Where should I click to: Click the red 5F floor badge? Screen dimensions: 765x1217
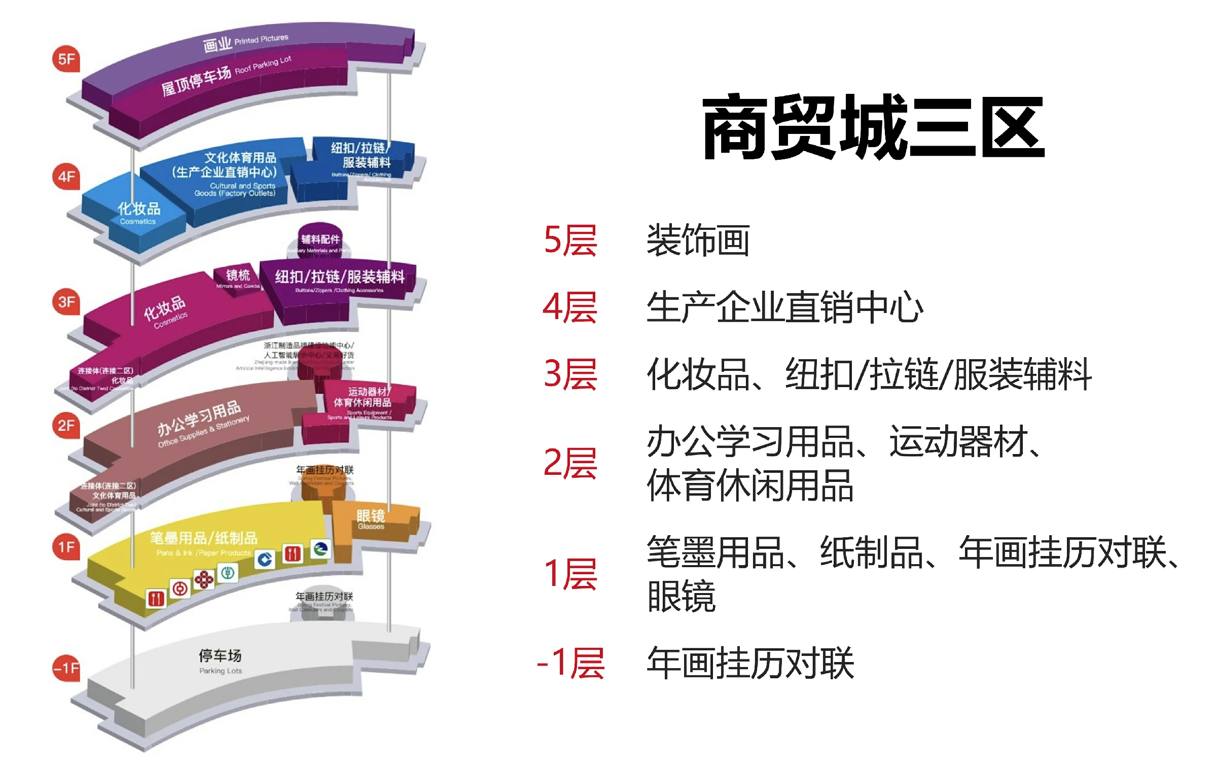click(66, 59)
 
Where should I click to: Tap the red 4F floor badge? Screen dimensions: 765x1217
click(66, 177)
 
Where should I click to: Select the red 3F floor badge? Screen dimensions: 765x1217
click(66, 302)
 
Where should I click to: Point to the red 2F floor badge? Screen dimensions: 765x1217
click(66, 425)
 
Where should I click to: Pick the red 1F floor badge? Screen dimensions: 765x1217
click(66, 547)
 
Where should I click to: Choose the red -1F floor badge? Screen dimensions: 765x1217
click(66, 668)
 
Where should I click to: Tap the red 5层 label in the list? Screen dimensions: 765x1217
click(570, 240)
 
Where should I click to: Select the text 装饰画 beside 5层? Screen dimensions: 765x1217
click(698, 240)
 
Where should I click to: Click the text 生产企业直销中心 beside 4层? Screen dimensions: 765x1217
click(785, 307)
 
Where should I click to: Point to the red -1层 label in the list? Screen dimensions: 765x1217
click(570, 663)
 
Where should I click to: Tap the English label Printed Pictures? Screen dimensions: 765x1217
click(261, 40)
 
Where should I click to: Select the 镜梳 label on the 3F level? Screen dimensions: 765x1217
click(238, 275)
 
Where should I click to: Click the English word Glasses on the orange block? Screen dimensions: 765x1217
click(371, 527)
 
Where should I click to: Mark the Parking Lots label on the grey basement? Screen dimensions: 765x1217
click(221, 671)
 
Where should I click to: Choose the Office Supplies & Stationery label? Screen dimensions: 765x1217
click(203, 432)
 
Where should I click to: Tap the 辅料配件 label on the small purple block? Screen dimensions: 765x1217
click(320, 239)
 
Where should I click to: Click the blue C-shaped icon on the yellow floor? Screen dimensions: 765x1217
click(265, 560)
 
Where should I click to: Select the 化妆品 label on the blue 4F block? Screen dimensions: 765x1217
click(139, 208)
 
